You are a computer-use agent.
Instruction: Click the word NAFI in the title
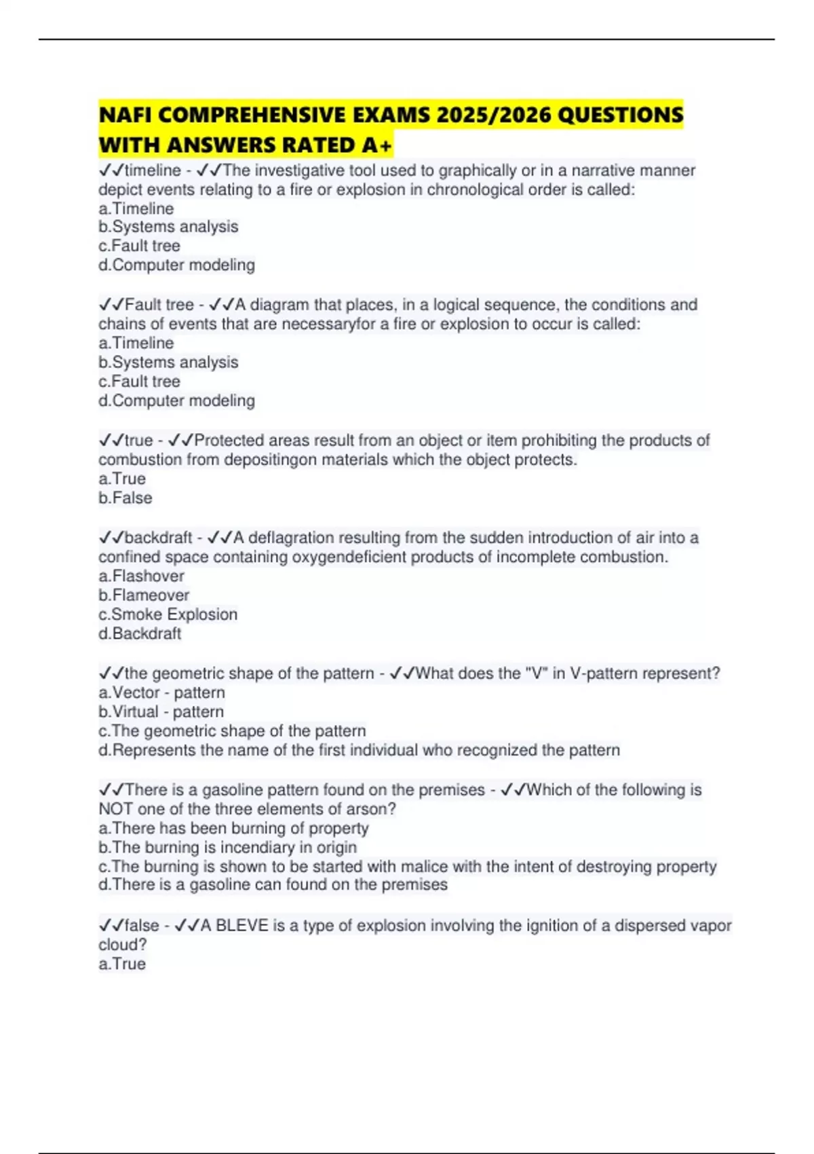125,115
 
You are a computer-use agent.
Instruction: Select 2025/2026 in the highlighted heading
492,115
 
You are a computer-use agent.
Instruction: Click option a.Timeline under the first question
136,208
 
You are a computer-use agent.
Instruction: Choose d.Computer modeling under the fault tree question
176,401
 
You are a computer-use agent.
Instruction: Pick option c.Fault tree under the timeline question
139,246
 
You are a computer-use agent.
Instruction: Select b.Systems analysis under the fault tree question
168,362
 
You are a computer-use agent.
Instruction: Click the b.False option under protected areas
125,498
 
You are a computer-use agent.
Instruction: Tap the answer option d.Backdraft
140,633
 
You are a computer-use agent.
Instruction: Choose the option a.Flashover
141,576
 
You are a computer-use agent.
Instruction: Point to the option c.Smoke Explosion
168,614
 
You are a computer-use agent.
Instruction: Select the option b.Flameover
144,595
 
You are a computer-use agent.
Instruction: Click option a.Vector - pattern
161,692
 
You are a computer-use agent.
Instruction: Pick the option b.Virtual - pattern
161,711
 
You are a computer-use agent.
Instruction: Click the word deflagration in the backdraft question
290,538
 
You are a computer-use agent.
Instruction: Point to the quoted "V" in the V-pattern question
529,673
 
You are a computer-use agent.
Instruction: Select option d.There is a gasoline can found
273,885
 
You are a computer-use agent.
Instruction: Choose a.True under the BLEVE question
122,963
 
